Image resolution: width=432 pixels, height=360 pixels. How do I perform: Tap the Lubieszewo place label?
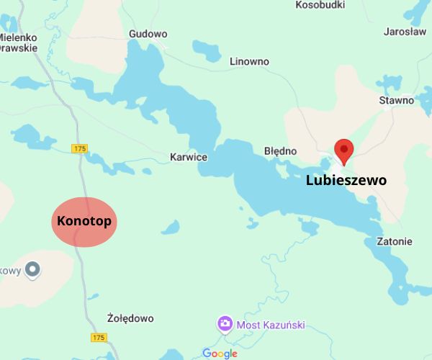pos(346,180)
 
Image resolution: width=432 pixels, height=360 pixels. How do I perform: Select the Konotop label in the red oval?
pos(84,221)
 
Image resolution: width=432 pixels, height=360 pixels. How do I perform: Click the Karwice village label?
pos(188,157)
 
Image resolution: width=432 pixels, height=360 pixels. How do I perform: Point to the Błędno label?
pos(280,151)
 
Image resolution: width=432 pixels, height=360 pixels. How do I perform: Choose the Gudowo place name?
pos(148,34)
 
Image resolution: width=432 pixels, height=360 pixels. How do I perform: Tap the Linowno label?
pos(249,61)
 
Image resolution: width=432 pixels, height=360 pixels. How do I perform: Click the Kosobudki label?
pos(320,5)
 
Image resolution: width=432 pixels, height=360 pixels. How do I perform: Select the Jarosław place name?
pos(405,32)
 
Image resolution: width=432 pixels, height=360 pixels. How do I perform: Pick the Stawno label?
pos(397,100)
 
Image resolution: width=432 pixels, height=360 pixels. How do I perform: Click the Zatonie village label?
pos(395,241)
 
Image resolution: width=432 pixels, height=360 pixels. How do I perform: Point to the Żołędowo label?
pos(130,318)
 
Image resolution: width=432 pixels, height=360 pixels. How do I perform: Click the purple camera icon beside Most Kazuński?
pos(225,324)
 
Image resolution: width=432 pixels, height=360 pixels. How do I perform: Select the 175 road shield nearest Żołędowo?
pos(99,337)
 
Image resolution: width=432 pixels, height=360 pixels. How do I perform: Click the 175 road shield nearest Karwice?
pos(79,148)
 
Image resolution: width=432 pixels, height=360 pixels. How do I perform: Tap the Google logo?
pos(220,353)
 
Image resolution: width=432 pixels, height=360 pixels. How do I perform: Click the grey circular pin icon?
pos(32,271)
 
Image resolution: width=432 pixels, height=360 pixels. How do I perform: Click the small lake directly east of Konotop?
pos(171,228)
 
